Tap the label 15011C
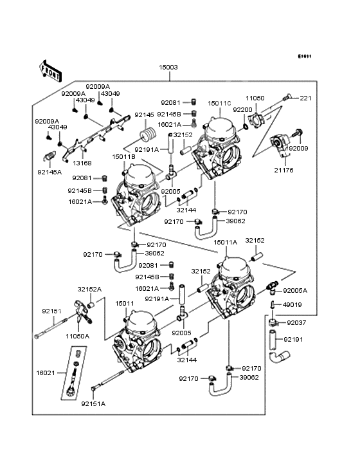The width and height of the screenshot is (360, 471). [x=219, y=103]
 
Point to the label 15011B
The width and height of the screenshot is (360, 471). [x=123, y=156]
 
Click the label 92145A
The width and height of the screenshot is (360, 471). [x=50, y=172]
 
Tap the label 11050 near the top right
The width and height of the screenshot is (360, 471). [x=255, y=98]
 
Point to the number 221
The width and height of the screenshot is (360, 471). [x=305, y=98]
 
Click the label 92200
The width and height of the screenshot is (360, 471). [x=242, y=110]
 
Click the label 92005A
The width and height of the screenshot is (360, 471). [x=296, y=290]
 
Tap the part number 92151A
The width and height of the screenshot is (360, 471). [x=93, y=403]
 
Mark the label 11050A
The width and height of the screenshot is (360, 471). [x=77, y=336]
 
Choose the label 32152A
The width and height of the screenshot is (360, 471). [x=88, y=290]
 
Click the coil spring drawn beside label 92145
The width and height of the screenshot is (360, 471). [x=149, y=136]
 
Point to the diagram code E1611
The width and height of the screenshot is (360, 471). [x=304, y=56]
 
